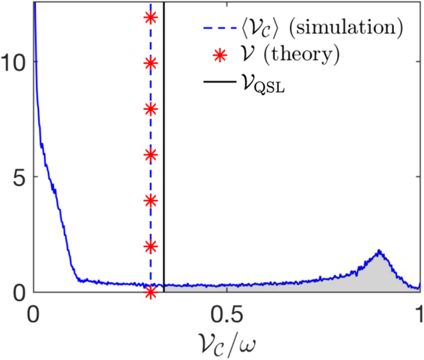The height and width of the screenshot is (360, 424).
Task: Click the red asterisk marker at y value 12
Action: coord(151,17)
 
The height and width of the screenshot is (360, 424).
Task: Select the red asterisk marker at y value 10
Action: coord(151,63)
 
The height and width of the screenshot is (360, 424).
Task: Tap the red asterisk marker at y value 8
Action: coord(151,109)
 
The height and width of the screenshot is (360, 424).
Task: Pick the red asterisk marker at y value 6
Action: coord(151,155)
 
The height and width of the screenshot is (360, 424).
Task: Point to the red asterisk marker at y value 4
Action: coord(151,201)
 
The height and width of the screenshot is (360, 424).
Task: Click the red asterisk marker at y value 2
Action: coord(151,246)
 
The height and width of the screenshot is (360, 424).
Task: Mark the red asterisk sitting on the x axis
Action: coord(151,291)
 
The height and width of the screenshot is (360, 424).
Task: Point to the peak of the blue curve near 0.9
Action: coord(379,251)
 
